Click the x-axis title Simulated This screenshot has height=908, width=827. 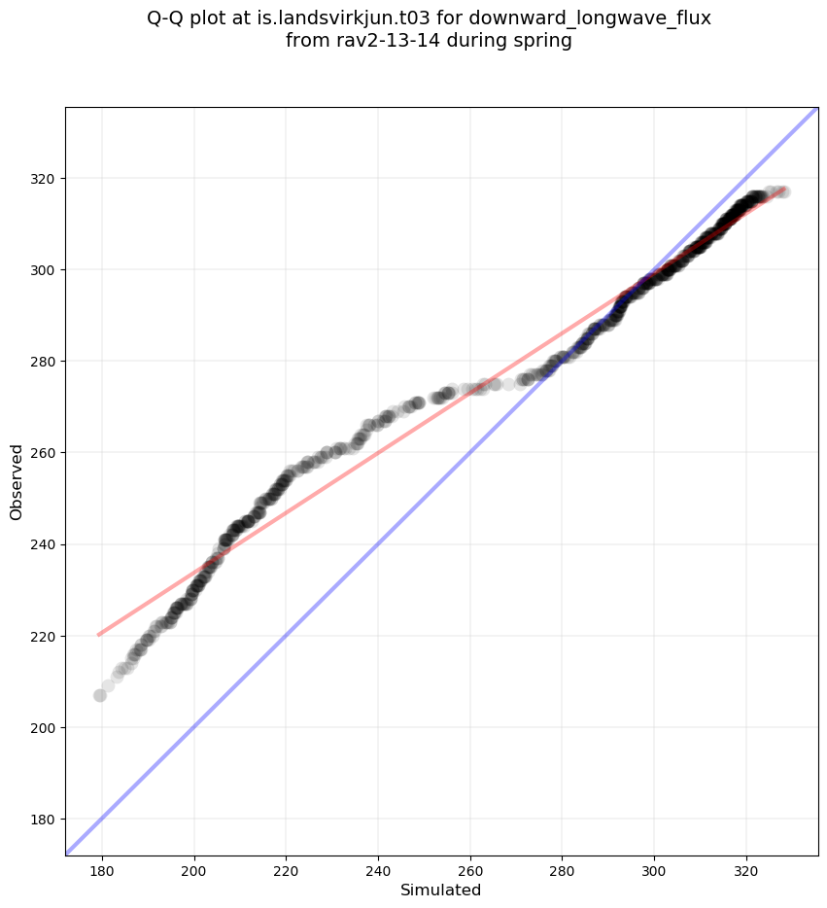point(441,890)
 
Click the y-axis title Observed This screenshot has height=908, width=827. point(17,481)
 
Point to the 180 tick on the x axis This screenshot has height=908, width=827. point(102,856)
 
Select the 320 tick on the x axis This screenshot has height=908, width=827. point(746,856)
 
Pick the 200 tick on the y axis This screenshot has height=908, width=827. point(65,727)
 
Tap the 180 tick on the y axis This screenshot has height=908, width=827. point(65,819)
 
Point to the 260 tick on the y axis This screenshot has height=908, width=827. point(65,452)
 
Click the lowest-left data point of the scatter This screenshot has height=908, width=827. point(100,695)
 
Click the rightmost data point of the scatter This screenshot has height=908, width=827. point(782,192)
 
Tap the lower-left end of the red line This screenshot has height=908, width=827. point(98,635)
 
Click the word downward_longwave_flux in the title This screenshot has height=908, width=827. point(590,18)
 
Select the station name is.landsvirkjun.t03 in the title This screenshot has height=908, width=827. point(356,18)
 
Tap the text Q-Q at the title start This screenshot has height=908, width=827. point(169,18)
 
